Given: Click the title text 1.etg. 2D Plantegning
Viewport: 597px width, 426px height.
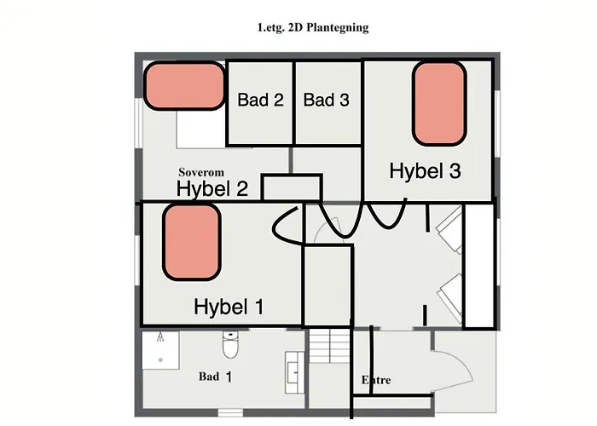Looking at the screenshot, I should [x=312, y=27].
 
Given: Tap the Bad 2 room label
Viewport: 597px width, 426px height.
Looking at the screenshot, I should [x=260, y=101].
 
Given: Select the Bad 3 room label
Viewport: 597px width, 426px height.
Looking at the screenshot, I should [x=326, y=101].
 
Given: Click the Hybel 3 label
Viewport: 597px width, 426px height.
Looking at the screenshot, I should [x=425, y=171].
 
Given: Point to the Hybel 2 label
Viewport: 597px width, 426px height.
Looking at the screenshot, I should [x=212, y=189].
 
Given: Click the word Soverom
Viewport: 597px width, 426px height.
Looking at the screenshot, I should [x=201, y=172].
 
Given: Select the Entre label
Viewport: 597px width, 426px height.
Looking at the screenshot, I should [x=376, y=380].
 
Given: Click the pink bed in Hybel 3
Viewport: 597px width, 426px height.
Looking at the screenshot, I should [x=439, y=103].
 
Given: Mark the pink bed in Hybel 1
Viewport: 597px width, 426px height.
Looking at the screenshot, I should [x=192, y=243].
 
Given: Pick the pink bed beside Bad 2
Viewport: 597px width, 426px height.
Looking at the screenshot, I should [x=182, y=85].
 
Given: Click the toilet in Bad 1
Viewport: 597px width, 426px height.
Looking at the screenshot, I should [x=229, y=347].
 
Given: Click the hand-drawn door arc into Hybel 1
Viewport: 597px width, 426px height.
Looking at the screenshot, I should [x=285, y=226].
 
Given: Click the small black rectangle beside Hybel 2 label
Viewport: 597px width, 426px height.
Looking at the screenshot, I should [x=291, y=187].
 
